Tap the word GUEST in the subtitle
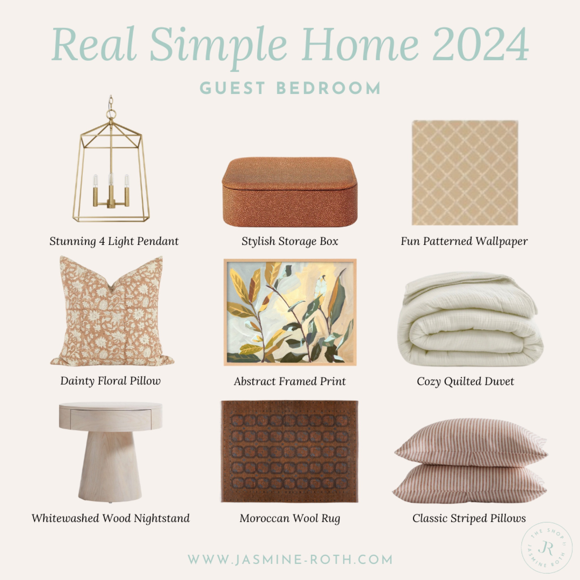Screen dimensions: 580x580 click(x=235, y=88)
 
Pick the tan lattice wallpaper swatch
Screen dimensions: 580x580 click(x=465, y=173)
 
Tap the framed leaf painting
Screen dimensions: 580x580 click(x=290, y=312)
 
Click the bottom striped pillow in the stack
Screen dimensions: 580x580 click(x=470, y=482)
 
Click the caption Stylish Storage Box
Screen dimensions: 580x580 click(x=290, y=241)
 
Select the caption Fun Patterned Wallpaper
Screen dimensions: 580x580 click(x=464, y=241)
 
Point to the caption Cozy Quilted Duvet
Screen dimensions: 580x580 click(x=465, y=381)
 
